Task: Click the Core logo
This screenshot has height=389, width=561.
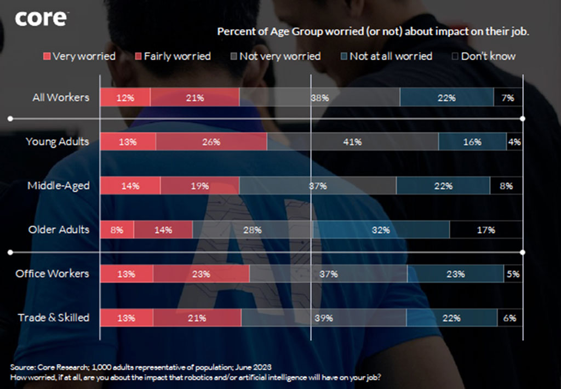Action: [41, 19]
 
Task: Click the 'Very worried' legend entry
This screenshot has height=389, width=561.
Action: [79, 56]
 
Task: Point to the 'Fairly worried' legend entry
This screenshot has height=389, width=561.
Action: [172, 56]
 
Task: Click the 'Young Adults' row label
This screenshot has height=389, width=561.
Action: [57, 142]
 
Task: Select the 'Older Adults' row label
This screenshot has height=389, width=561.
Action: [58, 230]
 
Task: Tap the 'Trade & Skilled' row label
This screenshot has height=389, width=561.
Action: [53, 318]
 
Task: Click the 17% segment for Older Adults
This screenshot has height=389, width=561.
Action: [485, 230]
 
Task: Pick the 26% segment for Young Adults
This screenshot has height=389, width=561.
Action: [211, 142]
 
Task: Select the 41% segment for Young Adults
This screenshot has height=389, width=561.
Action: [352, 142]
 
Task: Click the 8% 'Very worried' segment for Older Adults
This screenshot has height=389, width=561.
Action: [117, 230]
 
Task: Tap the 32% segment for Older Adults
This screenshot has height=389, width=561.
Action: [381, 230]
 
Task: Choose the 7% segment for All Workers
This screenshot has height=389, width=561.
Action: [507, 98]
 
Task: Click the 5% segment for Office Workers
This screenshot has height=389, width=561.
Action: [513, 274]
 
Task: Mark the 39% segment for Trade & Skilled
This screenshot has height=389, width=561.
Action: [324, 318]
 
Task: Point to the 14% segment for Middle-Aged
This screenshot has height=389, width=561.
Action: [130, 186]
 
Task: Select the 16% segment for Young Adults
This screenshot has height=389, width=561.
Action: [472, 142]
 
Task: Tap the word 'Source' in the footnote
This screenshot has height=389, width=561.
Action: [22, 367]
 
